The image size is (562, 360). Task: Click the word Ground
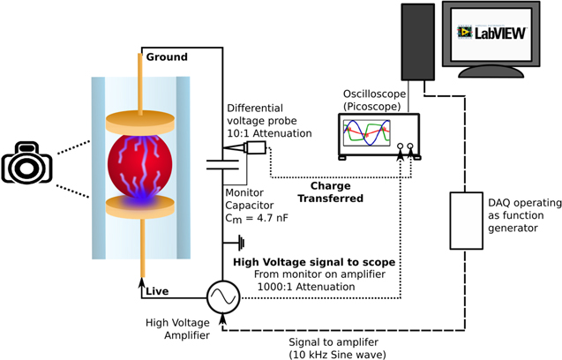point(166,57)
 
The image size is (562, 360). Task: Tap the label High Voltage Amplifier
point(176,329)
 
